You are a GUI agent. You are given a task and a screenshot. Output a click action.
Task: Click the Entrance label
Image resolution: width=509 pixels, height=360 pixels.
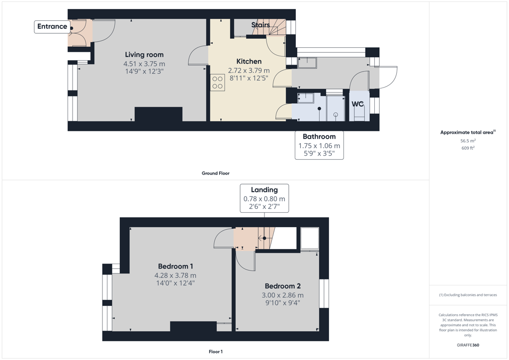52,27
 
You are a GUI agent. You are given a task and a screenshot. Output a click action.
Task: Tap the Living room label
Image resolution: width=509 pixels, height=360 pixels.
145,55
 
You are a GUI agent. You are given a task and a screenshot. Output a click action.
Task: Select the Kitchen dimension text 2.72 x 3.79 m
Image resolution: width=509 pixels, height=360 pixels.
249,71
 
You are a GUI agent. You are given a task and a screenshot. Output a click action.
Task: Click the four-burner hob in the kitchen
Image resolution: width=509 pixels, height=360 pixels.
218,83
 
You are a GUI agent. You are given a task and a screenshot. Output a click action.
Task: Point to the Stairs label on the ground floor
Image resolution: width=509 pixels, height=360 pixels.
260,25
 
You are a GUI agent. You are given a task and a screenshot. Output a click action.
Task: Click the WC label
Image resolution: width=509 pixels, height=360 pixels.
358,104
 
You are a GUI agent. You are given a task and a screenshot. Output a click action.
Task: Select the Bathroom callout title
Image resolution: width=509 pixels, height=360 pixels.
319,137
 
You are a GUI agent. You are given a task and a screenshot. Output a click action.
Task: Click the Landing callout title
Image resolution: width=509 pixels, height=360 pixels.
264,190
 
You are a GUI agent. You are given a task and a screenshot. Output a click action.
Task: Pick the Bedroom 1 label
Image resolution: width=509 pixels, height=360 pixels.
175,267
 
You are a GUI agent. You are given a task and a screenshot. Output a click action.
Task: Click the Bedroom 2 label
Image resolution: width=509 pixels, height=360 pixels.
283,286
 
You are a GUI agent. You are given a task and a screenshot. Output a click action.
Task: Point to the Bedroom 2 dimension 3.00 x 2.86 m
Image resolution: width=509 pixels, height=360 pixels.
283,295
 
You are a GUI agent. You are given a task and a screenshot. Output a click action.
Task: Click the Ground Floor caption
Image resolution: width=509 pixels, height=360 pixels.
216,174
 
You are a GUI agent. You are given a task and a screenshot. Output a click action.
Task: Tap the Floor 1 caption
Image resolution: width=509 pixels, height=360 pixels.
216,352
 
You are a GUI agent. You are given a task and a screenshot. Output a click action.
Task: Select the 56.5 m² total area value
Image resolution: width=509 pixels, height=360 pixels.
468,141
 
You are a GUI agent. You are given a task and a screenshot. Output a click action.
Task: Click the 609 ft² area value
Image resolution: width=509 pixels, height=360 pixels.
468,148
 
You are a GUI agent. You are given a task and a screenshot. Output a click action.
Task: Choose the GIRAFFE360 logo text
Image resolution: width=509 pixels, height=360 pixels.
468,345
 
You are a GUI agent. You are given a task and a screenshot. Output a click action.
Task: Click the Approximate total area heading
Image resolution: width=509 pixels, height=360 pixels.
468,132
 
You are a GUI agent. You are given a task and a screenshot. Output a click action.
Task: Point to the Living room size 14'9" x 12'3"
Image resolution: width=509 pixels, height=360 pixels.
145,72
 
